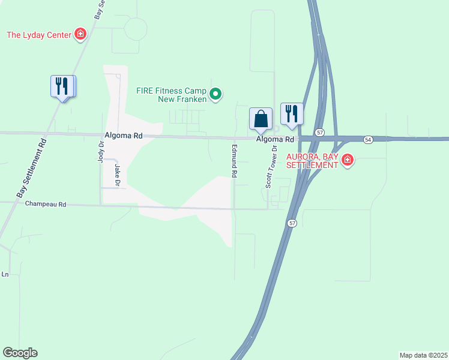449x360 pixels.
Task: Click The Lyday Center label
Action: [x=39, y=35]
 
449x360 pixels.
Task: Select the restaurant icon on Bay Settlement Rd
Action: [x=62, y=86]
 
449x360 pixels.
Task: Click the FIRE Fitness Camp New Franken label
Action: [x=171, y=95]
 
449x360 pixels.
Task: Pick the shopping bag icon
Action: [x=261, y=118]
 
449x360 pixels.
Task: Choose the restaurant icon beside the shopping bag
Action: [x=292, y=113]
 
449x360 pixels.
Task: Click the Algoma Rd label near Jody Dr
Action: [x=124, y=136]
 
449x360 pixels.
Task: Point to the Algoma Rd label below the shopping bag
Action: [x=275, y=139]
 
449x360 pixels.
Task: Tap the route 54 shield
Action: [x=368, y=139]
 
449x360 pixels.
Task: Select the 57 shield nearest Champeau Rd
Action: [x=292, y=223]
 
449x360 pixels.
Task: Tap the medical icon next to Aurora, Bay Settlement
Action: [x=347, y=160]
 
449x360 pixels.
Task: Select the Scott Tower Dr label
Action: [x=270, y=167]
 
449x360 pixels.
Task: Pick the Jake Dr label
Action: [x=118, y=175]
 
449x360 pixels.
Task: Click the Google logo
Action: [x=20, y=353]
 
